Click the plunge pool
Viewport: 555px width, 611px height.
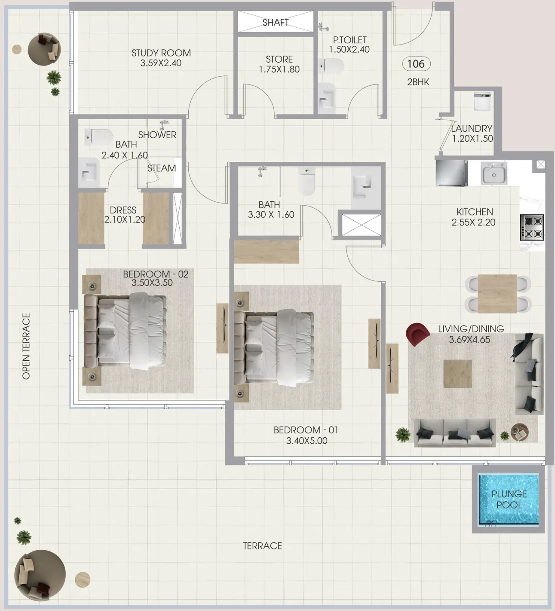coord(508,499)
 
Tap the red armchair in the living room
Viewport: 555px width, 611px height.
coord(417,334)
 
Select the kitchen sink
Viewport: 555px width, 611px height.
coord(493,173)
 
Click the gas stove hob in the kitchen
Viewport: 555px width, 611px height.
coord(532,227)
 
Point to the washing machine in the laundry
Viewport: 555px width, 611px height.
coord(483,101)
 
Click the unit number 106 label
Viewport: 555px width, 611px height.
coord(416,64)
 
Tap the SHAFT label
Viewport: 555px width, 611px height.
coord(276,22)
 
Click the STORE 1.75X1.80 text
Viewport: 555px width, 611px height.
coord(279,64)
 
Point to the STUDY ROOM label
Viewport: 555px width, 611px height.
coord(161,53)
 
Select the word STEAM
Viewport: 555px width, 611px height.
coord(161,168)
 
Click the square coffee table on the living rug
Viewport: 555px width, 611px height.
coord(457,374)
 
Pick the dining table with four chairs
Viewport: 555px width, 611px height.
coord(497,294)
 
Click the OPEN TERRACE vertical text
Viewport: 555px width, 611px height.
coord(26,346)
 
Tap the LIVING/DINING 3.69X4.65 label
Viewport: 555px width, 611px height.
coord(471,334)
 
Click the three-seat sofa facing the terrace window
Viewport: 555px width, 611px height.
coord(455,432)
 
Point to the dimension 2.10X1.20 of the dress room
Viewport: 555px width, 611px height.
coord(125,219)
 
